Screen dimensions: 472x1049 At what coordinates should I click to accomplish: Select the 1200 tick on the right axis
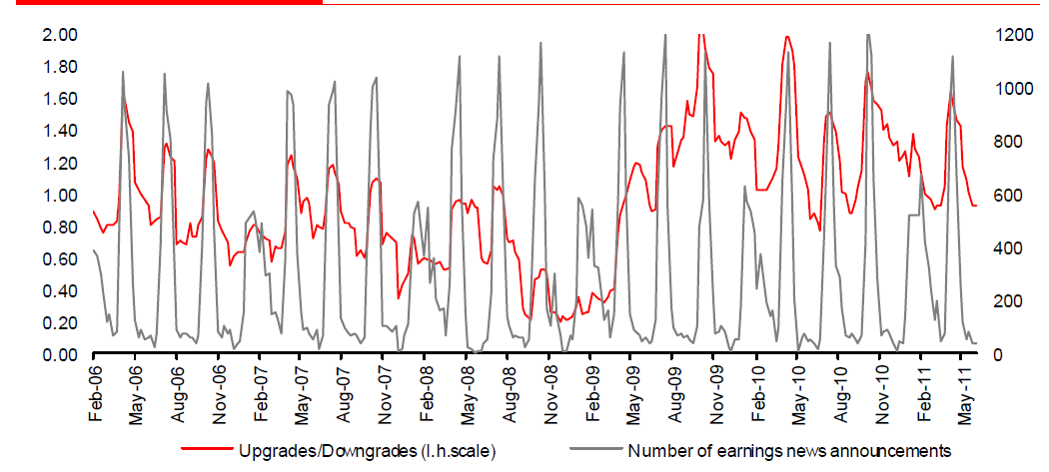[1020, 35]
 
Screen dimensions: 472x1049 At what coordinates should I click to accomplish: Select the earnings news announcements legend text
[788, 449]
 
